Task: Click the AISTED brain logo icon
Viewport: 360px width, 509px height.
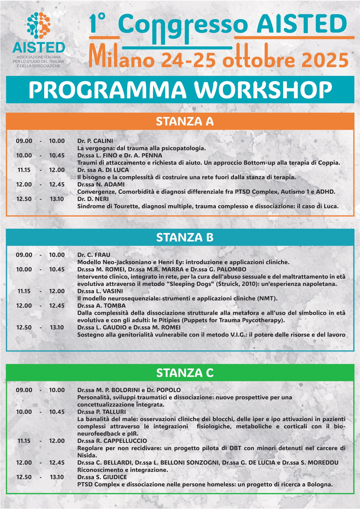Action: click(39, 26)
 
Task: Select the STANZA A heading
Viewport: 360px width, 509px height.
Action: click(185, 121)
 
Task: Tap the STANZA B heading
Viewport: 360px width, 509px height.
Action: click(185, 237)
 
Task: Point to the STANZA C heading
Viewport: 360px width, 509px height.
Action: click(185, 373)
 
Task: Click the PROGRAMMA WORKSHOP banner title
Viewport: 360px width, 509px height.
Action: click(180, 90)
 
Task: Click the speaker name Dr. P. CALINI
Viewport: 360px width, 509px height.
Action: click(95, 141)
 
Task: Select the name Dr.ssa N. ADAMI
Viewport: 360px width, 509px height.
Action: click(101, 185)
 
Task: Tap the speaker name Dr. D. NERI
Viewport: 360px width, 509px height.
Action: click(93, 199)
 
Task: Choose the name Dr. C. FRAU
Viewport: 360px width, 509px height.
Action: click(94, 255)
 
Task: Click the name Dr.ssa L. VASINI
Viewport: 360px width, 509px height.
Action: click(100, 291)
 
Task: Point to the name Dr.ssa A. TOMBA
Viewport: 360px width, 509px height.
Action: click(101, 306)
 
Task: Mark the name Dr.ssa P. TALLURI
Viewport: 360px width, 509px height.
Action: click(102, 412)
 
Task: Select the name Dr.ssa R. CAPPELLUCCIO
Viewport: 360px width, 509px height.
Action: click(112, 441)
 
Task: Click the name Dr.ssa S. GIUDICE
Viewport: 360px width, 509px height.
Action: click(102, 477)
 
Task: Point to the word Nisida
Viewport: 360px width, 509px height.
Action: click(86, 455)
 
